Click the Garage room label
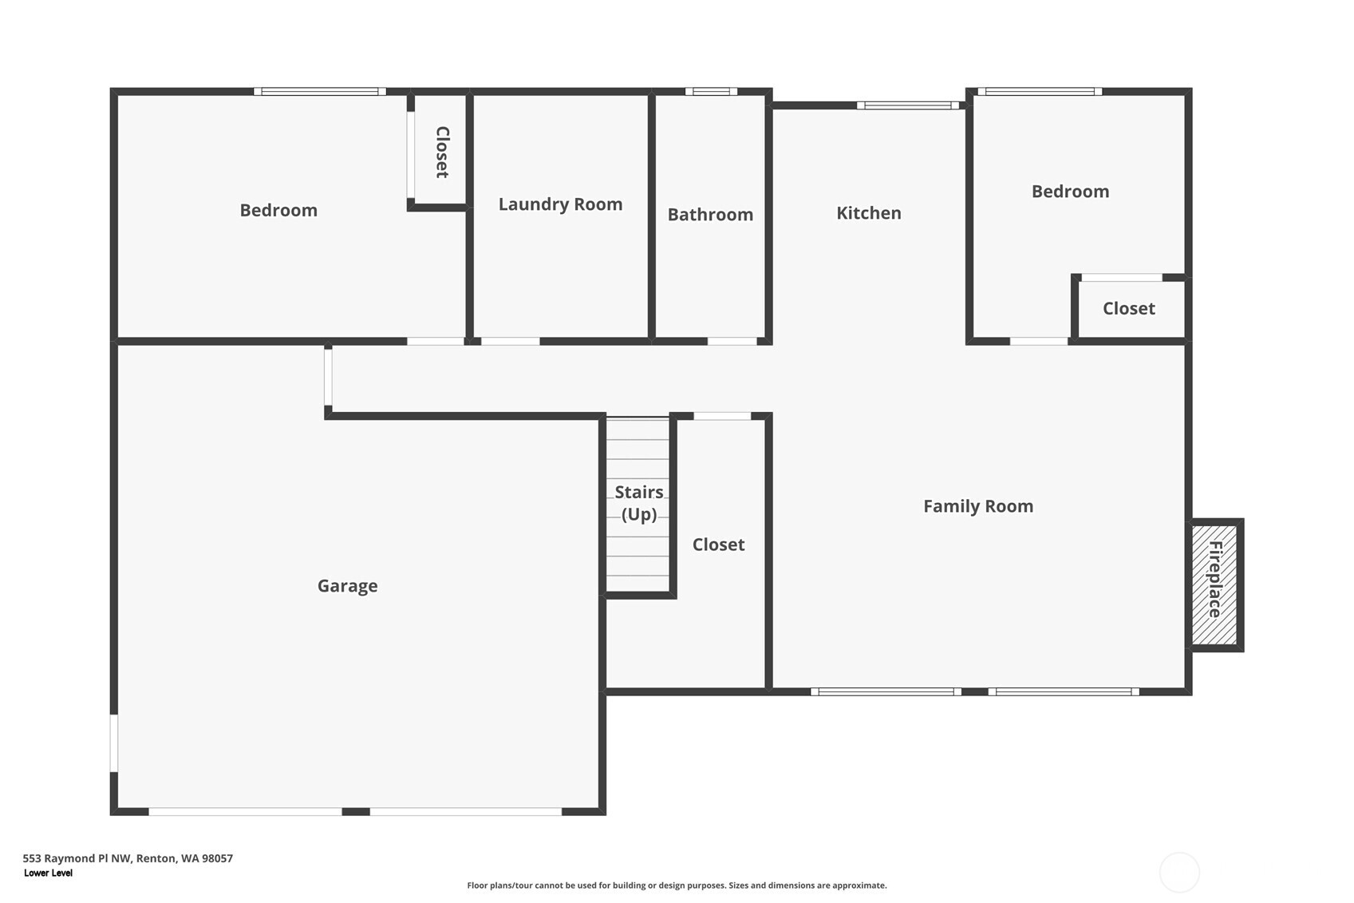(x=347, y=586)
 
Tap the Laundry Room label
(x=560, y=204)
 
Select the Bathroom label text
(x=710, y=215)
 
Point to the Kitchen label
(x=868, y=213)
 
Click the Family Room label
(x=977, y=506)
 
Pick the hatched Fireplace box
(x=1214, y=584)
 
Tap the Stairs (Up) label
(x=639, y=503)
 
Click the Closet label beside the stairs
(x=718, y=545)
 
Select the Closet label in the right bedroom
(x=1128, y=309)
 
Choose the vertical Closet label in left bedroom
(x=442, y=152)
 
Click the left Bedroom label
(x=278, y=211)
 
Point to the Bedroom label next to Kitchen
(x=1070, y=192)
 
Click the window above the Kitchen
(x=908, y=105)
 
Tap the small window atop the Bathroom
(x=711, y=92)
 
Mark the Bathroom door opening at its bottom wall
(x=732, y=342)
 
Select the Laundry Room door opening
(x=511, y=342)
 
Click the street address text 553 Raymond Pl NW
(x=128, y=858)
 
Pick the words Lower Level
(x=48, y=873)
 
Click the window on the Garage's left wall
(x=114, y=743)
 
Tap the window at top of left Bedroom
(x=320, y=92)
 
